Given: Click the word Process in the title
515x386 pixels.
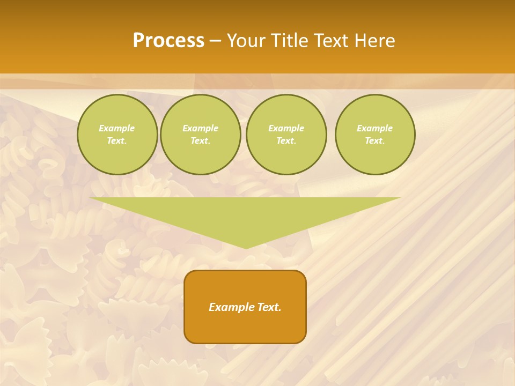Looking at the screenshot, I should click(x=168, y=41).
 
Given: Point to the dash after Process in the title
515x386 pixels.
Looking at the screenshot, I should click(x=215, y=41).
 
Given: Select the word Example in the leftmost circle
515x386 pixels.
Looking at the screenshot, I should click(x=117, y=128).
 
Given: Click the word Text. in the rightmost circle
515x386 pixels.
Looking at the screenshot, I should click(x=375, y=141).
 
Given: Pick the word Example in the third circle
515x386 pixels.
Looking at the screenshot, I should click(x=286, y=128).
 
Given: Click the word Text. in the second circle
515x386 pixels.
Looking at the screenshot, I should click(x=201, y=141).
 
